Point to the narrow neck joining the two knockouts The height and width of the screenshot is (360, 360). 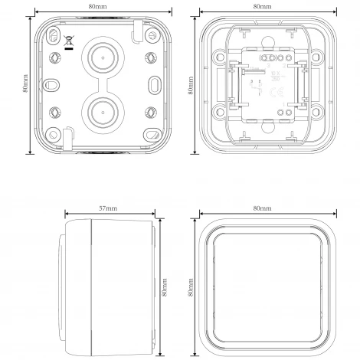pyautogui.click(x=101, y=84)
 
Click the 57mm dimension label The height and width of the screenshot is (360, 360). pyautogui.click(x=109, y=208)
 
